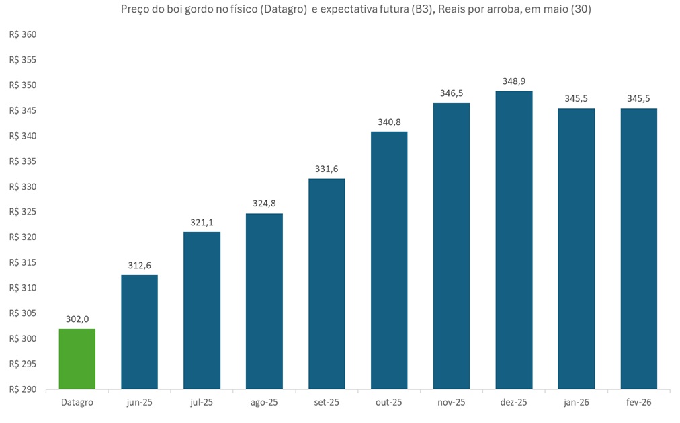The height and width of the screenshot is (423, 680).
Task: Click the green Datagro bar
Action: [x=77, y=358]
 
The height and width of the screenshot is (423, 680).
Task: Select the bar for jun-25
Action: [x=139, y=332]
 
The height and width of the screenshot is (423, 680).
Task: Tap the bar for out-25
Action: [x=389, y=260]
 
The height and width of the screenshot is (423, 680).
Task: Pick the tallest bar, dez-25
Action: [x=514, y=240]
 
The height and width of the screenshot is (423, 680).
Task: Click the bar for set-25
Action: [x=327, y=284]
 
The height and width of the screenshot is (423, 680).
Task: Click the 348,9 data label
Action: [x=514, y=81]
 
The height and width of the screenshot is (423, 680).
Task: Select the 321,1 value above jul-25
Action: [x=202, y=223]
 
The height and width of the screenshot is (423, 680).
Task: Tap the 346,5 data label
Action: [x=452, y=93]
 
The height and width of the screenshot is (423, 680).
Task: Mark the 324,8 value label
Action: [x=264, y=204]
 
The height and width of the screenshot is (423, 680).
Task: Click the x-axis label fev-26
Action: [x=639, y=402]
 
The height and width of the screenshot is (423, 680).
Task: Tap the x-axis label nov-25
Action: [x=452, y=402]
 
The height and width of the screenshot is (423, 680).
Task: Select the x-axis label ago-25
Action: [x=264, y=402]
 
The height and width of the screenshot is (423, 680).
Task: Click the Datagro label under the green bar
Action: [x=77, y=402]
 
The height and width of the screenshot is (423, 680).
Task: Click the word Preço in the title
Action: [x=136, y=10]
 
